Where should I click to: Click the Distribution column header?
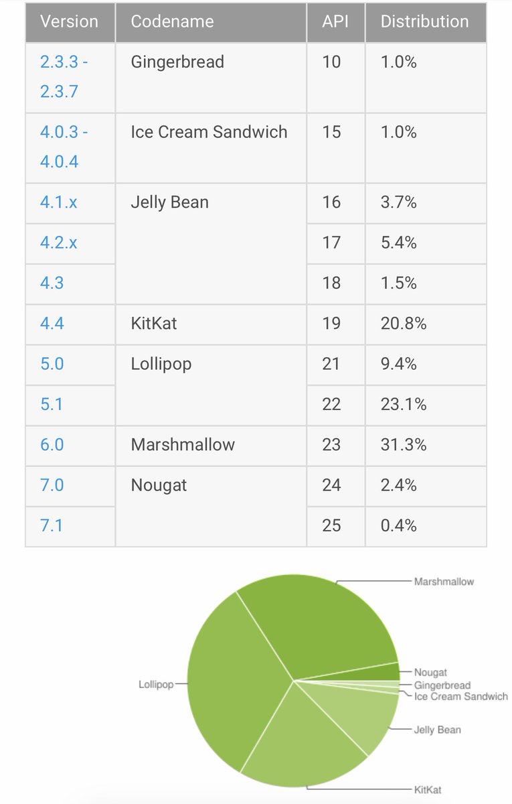(x=424, y=21)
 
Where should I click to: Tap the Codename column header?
(x=172, y=21)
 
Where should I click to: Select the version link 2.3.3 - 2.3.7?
(x=64, y=76)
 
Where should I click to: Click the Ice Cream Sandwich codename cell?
(x=209, y=132)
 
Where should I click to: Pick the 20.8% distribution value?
(x=403, y=324)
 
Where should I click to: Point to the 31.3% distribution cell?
(x=403, y=445)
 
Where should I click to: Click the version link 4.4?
(x=52, y=324)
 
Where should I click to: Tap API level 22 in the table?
(x=331, y=405)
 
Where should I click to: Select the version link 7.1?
(x=52, y=525)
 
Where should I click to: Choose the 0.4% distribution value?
(x=398, y=525)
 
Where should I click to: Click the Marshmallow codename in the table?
(x=183, y=445)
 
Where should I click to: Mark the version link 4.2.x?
(x=58, y=243)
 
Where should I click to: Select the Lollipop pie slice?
(x=234, y=683)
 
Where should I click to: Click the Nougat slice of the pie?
(x=388, y=672)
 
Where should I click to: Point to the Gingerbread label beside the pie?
(x=442, y=685)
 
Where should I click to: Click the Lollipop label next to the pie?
(x=156, y=685)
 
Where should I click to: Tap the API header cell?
(x=335, y=21)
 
